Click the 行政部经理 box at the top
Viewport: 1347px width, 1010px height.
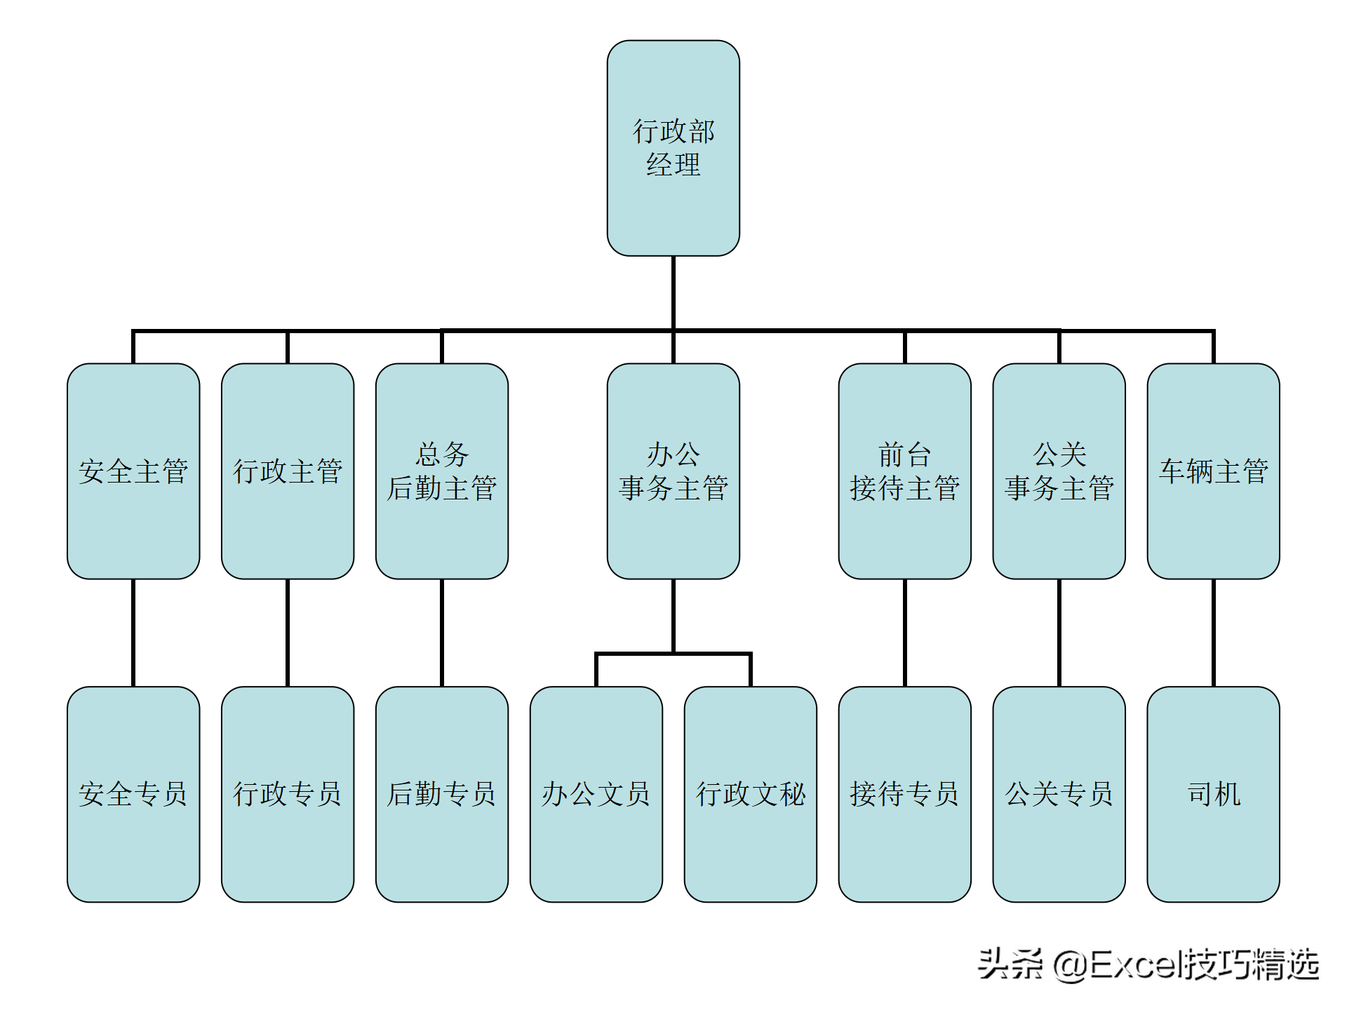tap(673, 148)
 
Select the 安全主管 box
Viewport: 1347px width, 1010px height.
tap(133, 471)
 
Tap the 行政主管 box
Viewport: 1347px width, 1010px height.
tap(288, 471)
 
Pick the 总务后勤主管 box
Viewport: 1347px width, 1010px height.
tap(442, 471)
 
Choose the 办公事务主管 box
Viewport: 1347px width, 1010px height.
tap(673, 471)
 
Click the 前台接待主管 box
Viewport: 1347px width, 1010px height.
tap(904, 471)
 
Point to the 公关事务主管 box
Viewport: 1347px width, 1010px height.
tap(1059, 471)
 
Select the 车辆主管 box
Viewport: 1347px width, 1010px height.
tap(1213, 471)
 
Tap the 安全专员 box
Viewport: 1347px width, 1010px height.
tap(133, 794)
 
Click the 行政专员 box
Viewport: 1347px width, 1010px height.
tap(288, 794)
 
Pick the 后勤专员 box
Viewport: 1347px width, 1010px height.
tap(442, 794)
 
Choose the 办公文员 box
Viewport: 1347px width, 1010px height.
tap(596, 794)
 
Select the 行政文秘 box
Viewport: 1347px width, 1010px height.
tap(750, 794)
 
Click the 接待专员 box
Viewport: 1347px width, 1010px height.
tap(904, 794)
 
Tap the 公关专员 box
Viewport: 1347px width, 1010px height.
tap(1059, 794)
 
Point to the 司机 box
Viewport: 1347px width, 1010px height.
tap(1213, 794)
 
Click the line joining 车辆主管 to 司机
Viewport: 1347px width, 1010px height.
tap(1213, 633)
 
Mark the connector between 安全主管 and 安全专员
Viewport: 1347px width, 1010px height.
tap(133, 633)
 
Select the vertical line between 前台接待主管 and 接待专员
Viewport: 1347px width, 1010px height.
tap(904, 633)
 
